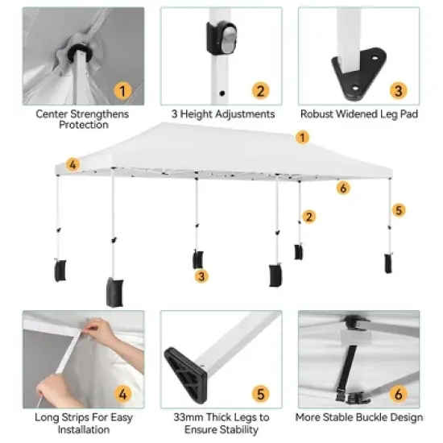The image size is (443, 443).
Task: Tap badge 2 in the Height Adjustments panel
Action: (x=260, y=90)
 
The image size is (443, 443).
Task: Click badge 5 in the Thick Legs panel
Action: (x=260, y=394)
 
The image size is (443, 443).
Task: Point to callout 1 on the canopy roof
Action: (x=303, y=138)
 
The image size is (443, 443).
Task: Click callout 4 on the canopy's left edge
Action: (x=73, y=165)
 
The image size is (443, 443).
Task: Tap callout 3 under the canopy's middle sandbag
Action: (x=202, y=276)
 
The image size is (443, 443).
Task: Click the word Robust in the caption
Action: (x=318, y=114)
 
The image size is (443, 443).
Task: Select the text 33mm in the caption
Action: (x=187, y=417)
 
